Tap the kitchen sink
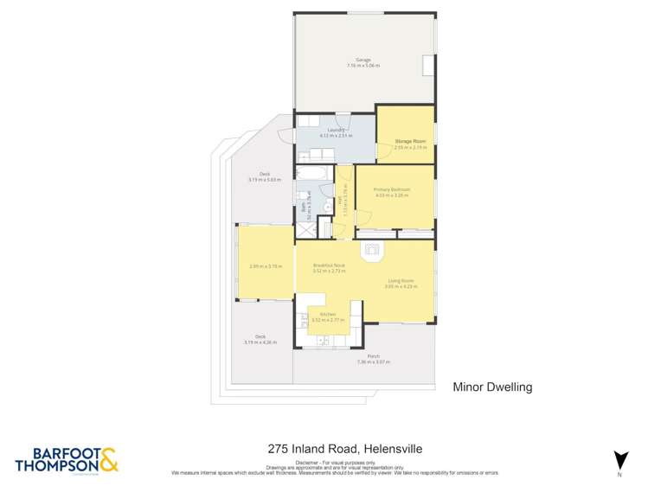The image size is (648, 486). (324, 341)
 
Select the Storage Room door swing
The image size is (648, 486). (382, 153)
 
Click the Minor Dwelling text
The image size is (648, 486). (492, 387)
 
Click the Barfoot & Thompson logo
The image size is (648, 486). (66, 459)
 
